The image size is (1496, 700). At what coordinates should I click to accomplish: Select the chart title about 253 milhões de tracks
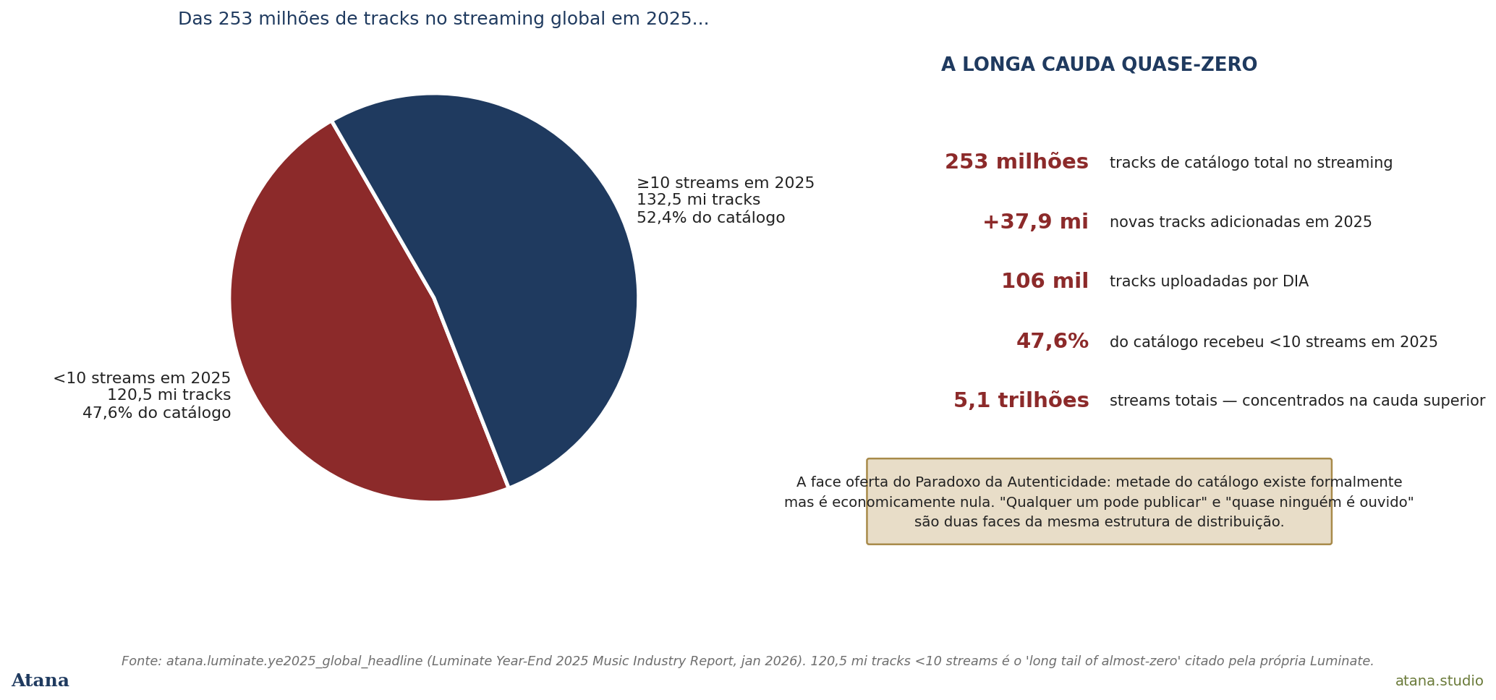point(443,20)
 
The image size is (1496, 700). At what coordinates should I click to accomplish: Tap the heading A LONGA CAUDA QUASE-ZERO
point(1099,65)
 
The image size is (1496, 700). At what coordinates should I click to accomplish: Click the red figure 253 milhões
point(1016,162)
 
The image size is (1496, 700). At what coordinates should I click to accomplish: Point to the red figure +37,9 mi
point(1035,222)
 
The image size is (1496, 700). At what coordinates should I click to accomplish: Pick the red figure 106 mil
point(1045,281)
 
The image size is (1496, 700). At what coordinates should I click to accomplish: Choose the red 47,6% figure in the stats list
point(1053,341)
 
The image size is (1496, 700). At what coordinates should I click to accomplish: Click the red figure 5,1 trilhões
point(1021,401)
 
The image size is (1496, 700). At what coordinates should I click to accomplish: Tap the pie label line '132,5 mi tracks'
point(698,200)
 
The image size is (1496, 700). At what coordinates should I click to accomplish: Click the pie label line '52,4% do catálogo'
point(710,218)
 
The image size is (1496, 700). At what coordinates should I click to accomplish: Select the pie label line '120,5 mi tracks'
point(169,396)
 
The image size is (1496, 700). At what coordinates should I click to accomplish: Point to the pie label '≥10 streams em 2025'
point(726,183)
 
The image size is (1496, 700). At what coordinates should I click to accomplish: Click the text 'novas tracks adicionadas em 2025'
point(1241,223)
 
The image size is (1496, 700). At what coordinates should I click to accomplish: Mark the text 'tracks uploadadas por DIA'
point(1209,282)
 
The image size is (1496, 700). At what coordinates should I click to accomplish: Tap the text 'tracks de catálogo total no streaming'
point(1251,163)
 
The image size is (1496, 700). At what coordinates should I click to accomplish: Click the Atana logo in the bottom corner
point(41,681)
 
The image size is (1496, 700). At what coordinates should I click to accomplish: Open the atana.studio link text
point(1439,681)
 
